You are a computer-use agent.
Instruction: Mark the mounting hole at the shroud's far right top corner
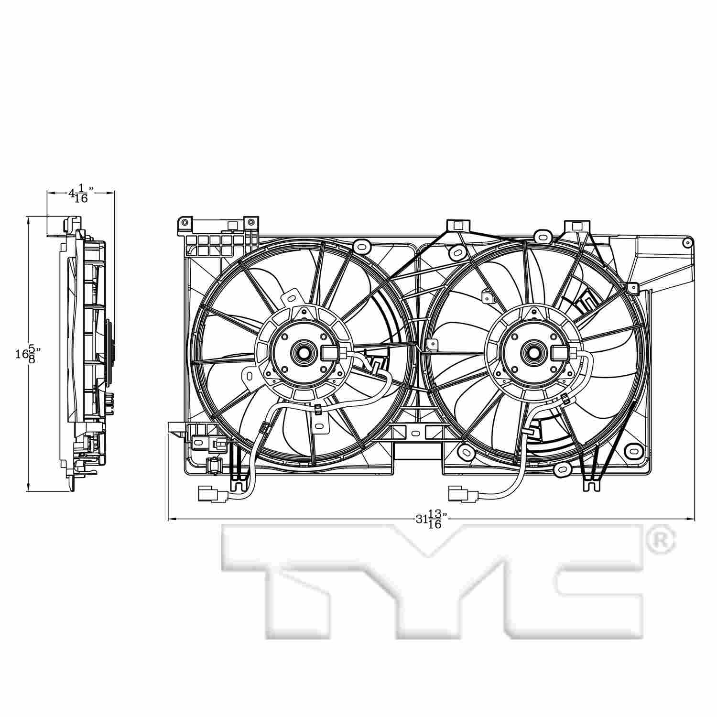[x=687, y=242]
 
